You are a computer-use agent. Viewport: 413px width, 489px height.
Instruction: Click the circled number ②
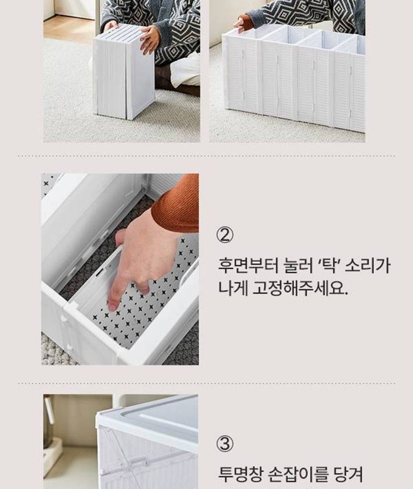[225, 236]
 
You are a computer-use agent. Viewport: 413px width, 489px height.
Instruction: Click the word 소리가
[367, 265]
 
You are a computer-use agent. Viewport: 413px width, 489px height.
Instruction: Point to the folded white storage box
[124, 72]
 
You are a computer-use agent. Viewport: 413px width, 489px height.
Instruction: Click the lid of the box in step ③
[147, 411]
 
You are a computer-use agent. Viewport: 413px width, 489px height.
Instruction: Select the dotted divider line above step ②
[206, 156]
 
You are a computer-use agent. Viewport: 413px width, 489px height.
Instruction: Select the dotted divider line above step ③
[206, 383]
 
